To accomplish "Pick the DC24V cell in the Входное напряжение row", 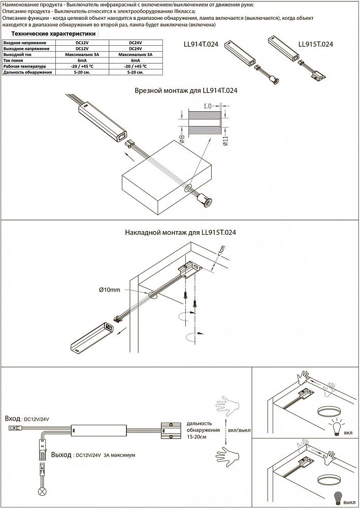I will (x=136, y=43).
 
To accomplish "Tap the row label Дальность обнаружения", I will (x=28, y=73).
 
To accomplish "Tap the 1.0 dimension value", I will (x=207, y=107).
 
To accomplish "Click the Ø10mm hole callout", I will (x=110, y=290).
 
